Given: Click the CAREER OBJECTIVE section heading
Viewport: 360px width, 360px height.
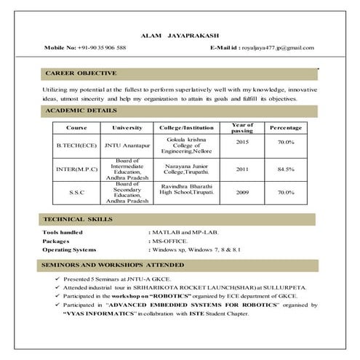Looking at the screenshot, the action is pos(80,73).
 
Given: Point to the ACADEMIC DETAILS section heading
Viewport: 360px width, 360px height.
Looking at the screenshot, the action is pos(81,111).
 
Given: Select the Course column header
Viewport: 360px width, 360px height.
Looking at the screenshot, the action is pos(76,128).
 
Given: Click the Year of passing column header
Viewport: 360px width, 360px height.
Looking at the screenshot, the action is pos(241,128).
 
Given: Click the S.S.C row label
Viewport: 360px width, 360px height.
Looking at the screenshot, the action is pos(76,193).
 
